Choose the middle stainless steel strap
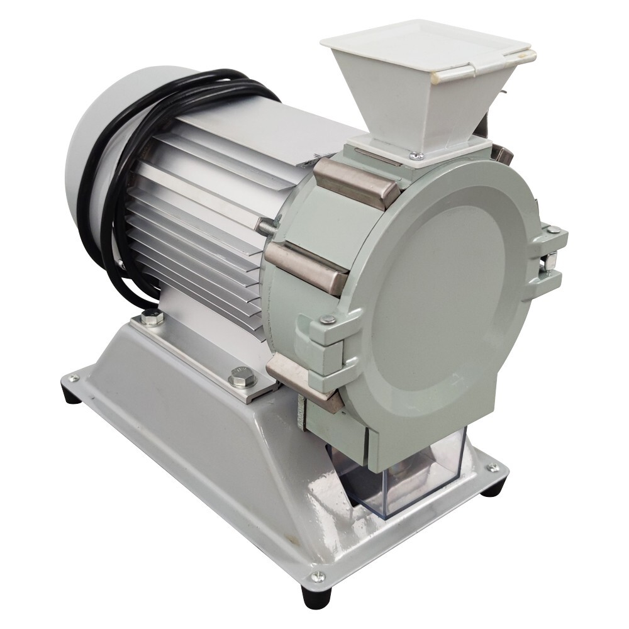point(308,267)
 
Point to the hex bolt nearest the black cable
point(150,318)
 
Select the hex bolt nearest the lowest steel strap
point(240,377)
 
